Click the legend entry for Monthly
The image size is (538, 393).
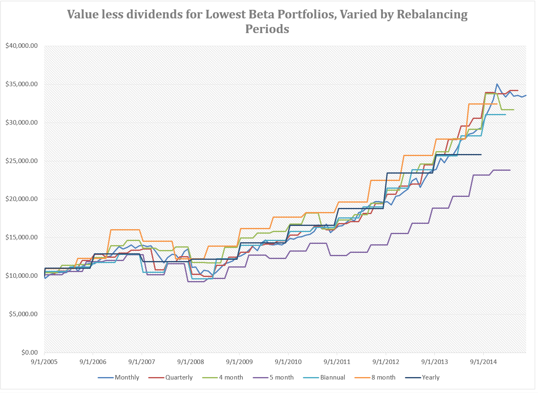(127, 377)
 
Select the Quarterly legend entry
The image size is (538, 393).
(178, 377)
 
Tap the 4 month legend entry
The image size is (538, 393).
(231, 377)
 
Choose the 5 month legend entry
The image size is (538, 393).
(281, 377)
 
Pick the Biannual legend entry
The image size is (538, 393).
(332, 377)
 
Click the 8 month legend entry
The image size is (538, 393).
(383, 377)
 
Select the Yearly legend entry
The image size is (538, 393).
(430, 377)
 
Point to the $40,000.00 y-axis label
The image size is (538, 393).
(21, 46)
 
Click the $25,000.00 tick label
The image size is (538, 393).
(21, 161)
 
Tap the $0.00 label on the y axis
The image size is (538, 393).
(29, 353)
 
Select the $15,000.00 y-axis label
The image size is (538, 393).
(21, 237)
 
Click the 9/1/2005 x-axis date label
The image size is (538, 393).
(44, 362)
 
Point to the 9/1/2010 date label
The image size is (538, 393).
(288, 362)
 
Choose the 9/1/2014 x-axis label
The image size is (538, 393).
(483, 362)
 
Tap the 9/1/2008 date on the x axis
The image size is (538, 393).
(191, 362)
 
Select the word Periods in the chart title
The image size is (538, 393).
(267, 29)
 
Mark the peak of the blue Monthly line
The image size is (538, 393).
(497, 84)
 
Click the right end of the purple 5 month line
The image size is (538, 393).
(510, 170)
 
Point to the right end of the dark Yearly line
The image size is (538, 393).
(481, 154)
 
